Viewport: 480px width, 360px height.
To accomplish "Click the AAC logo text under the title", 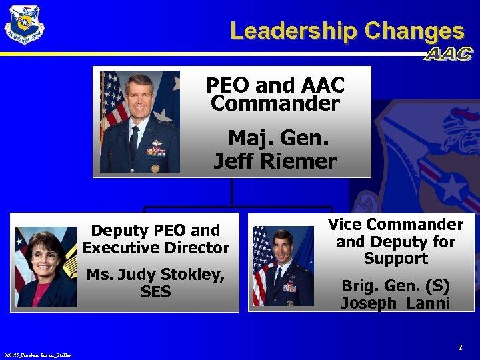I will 448,55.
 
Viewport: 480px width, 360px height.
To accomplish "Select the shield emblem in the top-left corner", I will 25,25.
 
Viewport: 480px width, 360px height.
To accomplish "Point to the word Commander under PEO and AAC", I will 275,104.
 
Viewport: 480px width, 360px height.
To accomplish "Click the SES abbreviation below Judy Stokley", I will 156,292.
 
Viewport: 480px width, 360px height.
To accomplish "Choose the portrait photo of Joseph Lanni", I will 283,265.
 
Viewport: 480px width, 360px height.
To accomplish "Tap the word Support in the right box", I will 395,259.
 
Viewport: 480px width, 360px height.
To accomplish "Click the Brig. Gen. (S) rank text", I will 395,286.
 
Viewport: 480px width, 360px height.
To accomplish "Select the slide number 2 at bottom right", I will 460,347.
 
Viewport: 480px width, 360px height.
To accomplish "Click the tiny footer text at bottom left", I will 37,355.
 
